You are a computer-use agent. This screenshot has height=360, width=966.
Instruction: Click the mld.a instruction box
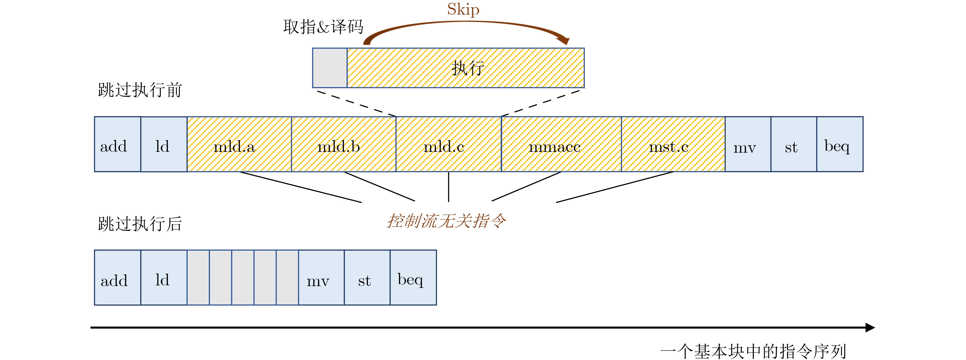239,144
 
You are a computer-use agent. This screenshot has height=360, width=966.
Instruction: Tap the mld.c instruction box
449,144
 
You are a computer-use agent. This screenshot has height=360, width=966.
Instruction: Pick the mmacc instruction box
561,144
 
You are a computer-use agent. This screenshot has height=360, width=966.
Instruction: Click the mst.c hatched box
673,144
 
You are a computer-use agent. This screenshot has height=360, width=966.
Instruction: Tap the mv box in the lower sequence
321,277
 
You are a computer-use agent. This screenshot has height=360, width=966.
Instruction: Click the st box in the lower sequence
367,277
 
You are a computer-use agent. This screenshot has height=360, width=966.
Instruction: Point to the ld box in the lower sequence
164,277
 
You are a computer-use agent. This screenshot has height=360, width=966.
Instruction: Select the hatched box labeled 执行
466,68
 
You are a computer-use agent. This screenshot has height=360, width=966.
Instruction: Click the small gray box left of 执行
330,68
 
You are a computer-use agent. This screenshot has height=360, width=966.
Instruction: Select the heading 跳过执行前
140,90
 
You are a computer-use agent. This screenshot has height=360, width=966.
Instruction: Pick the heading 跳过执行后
140,224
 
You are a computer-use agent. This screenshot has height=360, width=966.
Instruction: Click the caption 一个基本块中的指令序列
753,351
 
